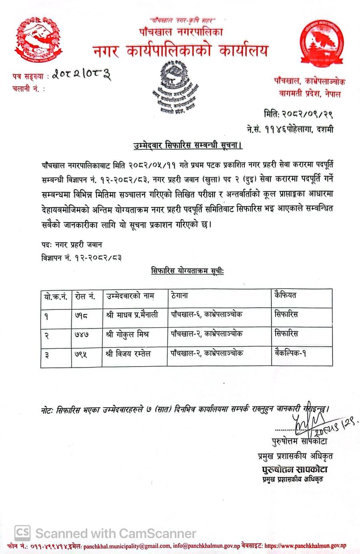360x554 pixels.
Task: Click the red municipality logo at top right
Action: click(322, 43)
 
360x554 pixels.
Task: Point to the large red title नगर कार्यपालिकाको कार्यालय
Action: click(180, 51)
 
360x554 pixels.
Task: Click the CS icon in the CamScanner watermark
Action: click(22, 533)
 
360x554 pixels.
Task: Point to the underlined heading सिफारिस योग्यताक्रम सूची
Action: click(187, 271)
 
